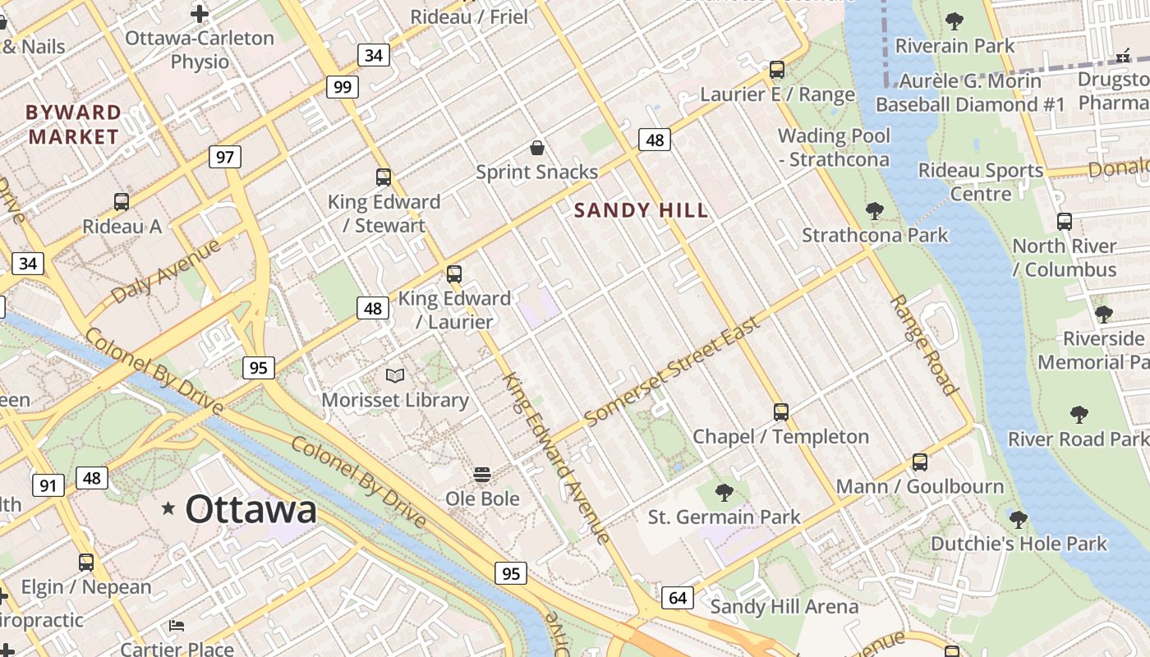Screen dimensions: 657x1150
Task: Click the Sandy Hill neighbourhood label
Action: click(641, 210)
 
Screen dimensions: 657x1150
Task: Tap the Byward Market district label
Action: click(74, 125)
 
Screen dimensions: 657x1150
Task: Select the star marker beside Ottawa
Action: click(168, 508)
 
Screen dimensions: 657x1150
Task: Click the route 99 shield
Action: click(343, 87)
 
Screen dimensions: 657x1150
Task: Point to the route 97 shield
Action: click(224, 156)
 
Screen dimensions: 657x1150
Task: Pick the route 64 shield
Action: click(678, 597)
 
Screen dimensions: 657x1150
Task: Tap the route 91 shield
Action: click(48, 485)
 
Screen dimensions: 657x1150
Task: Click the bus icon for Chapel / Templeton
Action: click(780, 411)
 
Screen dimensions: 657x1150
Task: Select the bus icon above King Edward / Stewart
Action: click(383, 177)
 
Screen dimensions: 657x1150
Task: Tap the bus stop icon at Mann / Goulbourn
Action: click(919, 462)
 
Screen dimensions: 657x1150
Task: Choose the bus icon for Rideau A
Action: click(122, 201)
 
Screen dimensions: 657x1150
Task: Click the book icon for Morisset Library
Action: click(395, 375)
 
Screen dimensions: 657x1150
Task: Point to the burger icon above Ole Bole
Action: click(482, 475)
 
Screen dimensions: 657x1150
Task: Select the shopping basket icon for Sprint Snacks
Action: click(537, 148)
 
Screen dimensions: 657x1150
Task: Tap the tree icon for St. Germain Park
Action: click(724, 492)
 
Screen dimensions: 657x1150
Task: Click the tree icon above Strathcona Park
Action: click(875, 211)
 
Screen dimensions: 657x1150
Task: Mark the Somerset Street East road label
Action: click(673, 370)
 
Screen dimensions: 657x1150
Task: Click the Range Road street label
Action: click(923, 345)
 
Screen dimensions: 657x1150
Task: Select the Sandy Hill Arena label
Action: click(784, 607)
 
